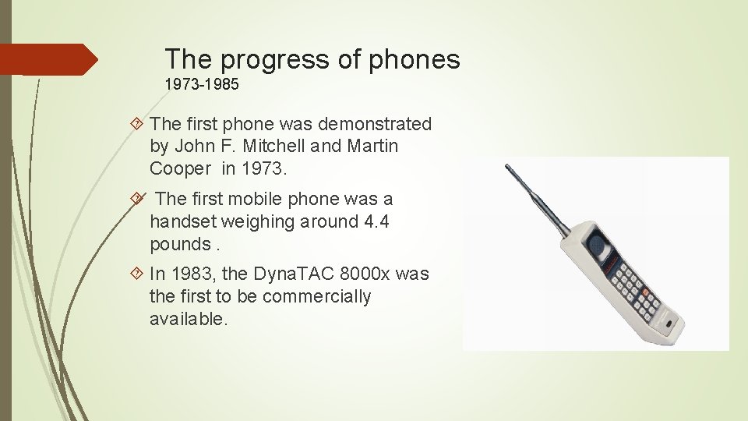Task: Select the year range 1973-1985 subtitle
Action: [x=202, y=83]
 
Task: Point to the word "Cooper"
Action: [x=181, y=168]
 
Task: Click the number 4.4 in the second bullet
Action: [x=376, y=221]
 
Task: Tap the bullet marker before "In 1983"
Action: [x=138, y=274]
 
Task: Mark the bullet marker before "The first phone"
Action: [x=138, y=124]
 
